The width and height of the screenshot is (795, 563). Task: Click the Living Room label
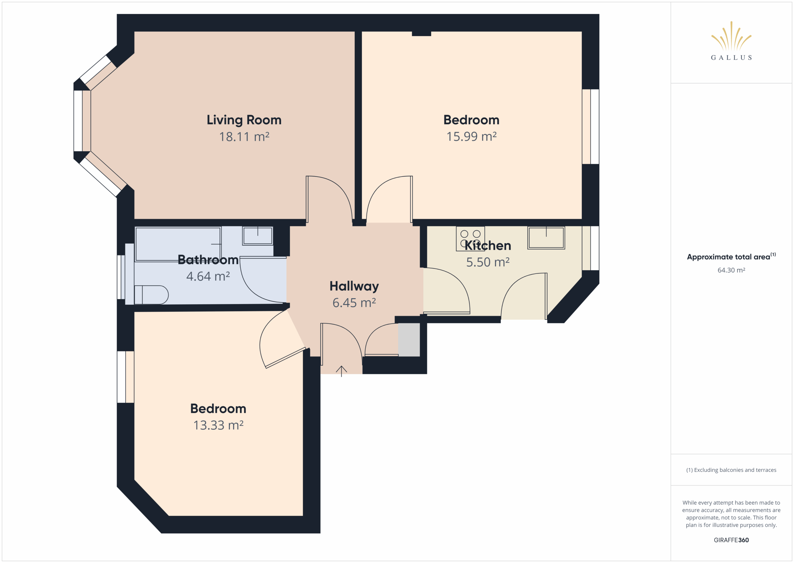click(244, 120)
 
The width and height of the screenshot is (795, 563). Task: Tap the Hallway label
click(354, 287)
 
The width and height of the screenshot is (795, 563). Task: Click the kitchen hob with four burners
click(470, 238)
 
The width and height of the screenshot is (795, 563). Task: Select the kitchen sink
click(546, 238)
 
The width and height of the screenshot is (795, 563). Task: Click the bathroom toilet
click(151, 295)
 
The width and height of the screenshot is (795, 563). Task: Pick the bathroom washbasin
click(258, 236)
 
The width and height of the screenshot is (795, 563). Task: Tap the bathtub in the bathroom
click(178, 244)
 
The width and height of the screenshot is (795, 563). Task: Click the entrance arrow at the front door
click(341, 371)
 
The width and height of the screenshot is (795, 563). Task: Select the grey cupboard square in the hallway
click(409, 340)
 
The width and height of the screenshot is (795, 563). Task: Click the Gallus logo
click(731, 41)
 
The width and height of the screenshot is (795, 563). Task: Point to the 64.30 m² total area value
click(731, 270)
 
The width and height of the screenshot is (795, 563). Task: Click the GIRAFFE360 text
click(731, 540)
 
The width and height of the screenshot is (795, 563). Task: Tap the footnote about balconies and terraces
click(731, 470)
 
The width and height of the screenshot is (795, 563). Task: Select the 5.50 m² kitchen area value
click(488, 262)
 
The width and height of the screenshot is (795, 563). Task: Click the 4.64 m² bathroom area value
click(208, 277)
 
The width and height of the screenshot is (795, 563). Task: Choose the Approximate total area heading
click(731, 256)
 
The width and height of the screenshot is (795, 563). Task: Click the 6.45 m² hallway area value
click(354, 303)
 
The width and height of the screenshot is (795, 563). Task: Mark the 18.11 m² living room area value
click(244, 137)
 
